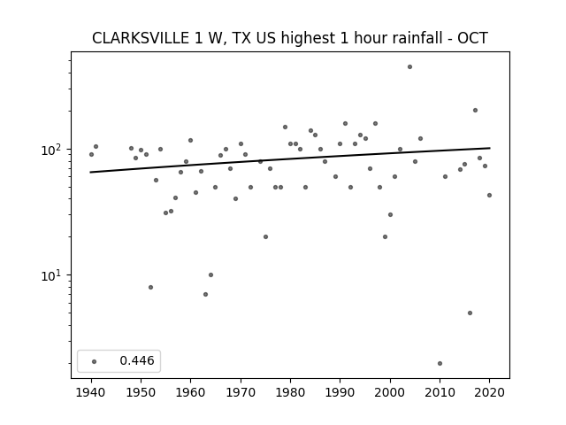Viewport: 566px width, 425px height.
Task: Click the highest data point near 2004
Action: click(x=409, y=67)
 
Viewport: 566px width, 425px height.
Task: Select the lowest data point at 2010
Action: click(x=440, y=364)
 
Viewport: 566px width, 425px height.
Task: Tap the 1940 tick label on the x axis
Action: click(x=91, y=392)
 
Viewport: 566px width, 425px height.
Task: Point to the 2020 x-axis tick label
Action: click(x=489, y=392)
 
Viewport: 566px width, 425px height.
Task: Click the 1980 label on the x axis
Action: click(x=290, y=392)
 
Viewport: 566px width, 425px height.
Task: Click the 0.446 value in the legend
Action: click(x=137, y=360)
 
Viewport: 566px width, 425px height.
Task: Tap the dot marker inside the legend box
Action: click(x=95, y=361)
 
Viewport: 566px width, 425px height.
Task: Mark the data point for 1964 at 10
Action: click(x=210, y=275)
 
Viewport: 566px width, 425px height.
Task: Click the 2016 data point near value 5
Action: click(x=470, y=313)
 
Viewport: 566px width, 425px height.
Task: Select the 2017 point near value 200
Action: click(x=475, y=110)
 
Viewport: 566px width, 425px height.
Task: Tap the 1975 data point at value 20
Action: click(x=265, y=237)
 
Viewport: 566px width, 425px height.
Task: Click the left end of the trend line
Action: click(x=90, y=172)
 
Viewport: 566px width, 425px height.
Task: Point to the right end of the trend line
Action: click(x=490, y=148)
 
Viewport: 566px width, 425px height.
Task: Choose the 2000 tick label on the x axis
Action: click(x=390, y=392)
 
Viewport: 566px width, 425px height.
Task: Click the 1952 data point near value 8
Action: click(x=150, y=287)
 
